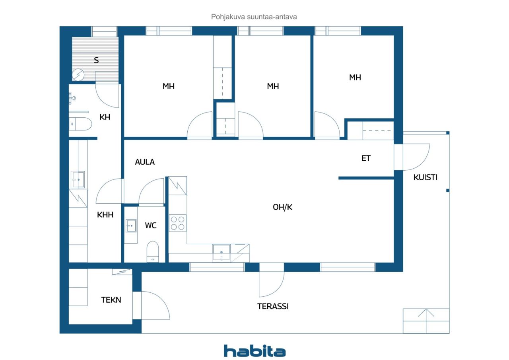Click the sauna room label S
coord(96,60)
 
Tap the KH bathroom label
coord(105,117)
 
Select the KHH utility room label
coord(105,215)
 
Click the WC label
coord(151,226)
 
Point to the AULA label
coord(145,162)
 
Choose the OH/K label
coord(282,207)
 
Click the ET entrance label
coord(366,158)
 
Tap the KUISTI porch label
coord(425,177)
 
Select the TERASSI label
coord(273,306)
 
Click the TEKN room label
coord(111,300)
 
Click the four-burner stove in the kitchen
coord(177,223)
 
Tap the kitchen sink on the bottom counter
coord(221,253)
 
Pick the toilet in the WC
coord(152,251)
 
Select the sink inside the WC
coord(131,226)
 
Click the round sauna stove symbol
coord(78,75)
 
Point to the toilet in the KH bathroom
coord(80,124)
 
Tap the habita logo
coord(254,351)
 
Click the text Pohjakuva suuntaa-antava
coord(254,17)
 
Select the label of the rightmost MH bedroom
coord(355,78)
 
